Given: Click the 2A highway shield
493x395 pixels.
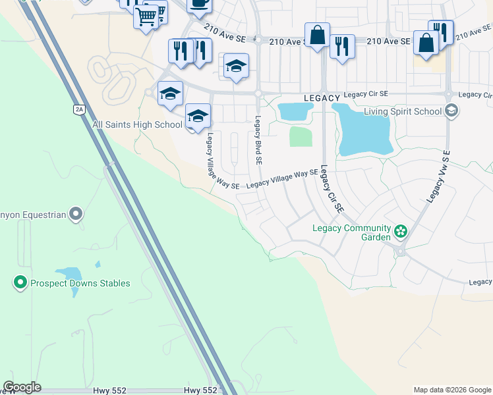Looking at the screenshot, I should pos(80,110).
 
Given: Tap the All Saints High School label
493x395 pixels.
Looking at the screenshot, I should pos(137,124).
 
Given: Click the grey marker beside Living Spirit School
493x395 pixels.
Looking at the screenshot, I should pos(451,111).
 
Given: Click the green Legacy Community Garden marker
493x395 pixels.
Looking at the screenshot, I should pos(400,231).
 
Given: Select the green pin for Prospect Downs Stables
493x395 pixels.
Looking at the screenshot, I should pos(20,283).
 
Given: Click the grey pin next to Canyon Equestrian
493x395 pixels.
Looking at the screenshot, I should pos(76,214).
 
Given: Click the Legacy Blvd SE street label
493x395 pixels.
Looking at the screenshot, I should pos(258,140).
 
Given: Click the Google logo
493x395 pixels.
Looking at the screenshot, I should pos(22,387).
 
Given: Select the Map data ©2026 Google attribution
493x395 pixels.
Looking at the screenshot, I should pos(452,390).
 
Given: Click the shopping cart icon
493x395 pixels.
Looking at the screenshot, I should pos(146,15).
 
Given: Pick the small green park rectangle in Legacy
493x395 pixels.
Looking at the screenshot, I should pos(301,137).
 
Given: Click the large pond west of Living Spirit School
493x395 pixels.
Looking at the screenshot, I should pos(362,130).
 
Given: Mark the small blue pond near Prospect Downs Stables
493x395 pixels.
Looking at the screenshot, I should pos(69,274).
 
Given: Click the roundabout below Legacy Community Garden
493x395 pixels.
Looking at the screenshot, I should pos(400,251).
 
